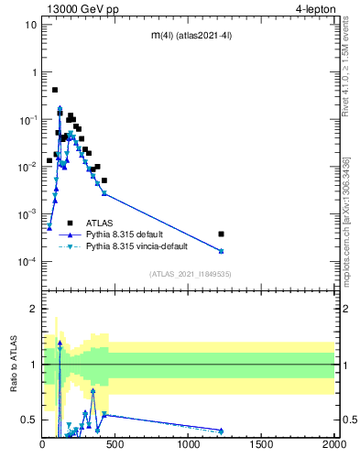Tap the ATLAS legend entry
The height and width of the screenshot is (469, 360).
click(100, 223)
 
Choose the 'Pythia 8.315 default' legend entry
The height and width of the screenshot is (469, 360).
click(128, 234)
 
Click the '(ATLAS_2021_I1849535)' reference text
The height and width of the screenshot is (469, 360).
click(189, 273)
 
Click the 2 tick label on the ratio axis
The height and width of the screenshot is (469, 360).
click(35, 309)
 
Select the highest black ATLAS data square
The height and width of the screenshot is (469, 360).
click(55, 90)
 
